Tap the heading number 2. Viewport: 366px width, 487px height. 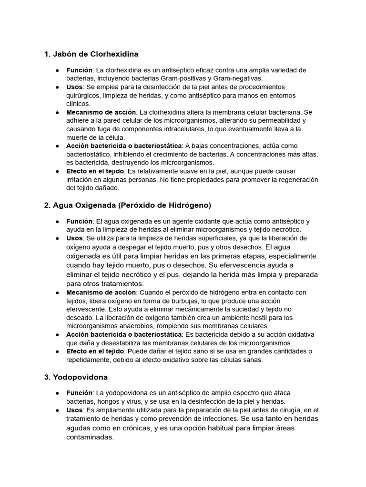(x=47, y=205)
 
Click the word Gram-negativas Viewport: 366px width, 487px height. (x=237, y=78)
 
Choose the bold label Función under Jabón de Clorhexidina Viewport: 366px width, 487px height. (x=79, y=70)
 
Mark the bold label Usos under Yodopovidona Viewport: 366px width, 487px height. (x=74, y=410)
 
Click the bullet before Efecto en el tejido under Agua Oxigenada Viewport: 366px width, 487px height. (x=57, y=351)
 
